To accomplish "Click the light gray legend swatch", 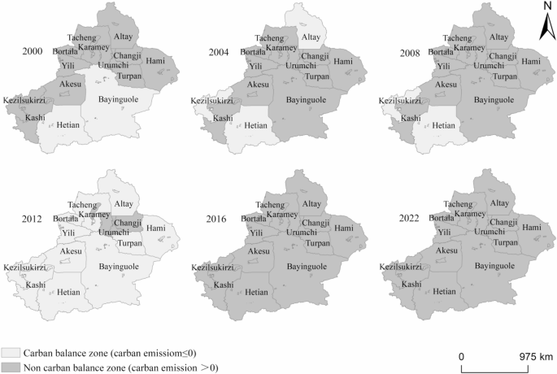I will tap(11, 352).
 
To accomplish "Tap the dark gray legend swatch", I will tap(11, 367).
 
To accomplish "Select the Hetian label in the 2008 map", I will tap(443, 126).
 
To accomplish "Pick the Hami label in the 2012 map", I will tap(157, 228).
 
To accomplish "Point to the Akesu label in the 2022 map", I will tap(446, 251).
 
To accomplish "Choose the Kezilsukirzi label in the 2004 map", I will tap(213, 101).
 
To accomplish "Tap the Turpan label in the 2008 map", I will tap(504, 76).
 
